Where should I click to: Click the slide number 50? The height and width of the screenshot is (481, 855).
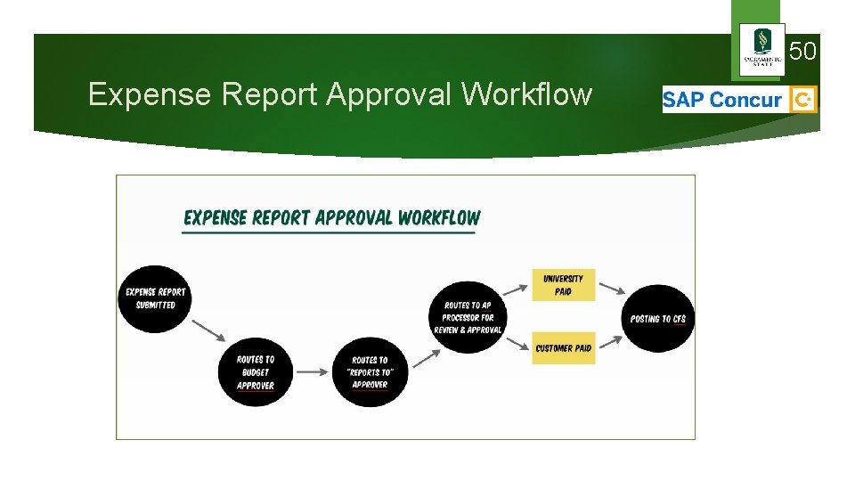coord(802,52)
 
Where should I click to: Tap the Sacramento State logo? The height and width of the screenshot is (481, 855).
coord(762,49)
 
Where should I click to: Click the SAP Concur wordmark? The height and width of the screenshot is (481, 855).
coord(722,100)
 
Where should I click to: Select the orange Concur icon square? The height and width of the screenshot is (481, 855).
coord(803,100)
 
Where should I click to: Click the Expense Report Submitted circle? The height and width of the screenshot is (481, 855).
coord(155,298)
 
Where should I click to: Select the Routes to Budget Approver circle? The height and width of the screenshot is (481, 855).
coord(256,372)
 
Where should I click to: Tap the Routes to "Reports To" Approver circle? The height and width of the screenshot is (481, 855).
coord(370,372)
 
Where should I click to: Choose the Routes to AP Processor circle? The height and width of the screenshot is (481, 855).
coord(468,317)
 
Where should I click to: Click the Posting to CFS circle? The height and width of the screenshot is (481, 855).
coord(658,318)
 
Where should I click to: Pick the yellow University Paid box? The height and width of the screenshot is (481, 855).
coord(564,285)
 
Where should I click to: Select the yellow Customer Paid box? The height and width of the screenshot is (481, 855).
coord(564,348)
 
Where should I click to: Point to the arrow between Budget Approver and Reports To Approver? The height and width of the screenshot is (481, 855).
coord(312,371)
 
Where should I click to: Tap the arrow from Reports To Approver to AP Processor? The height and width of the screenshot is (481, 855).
coord(427,355)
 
